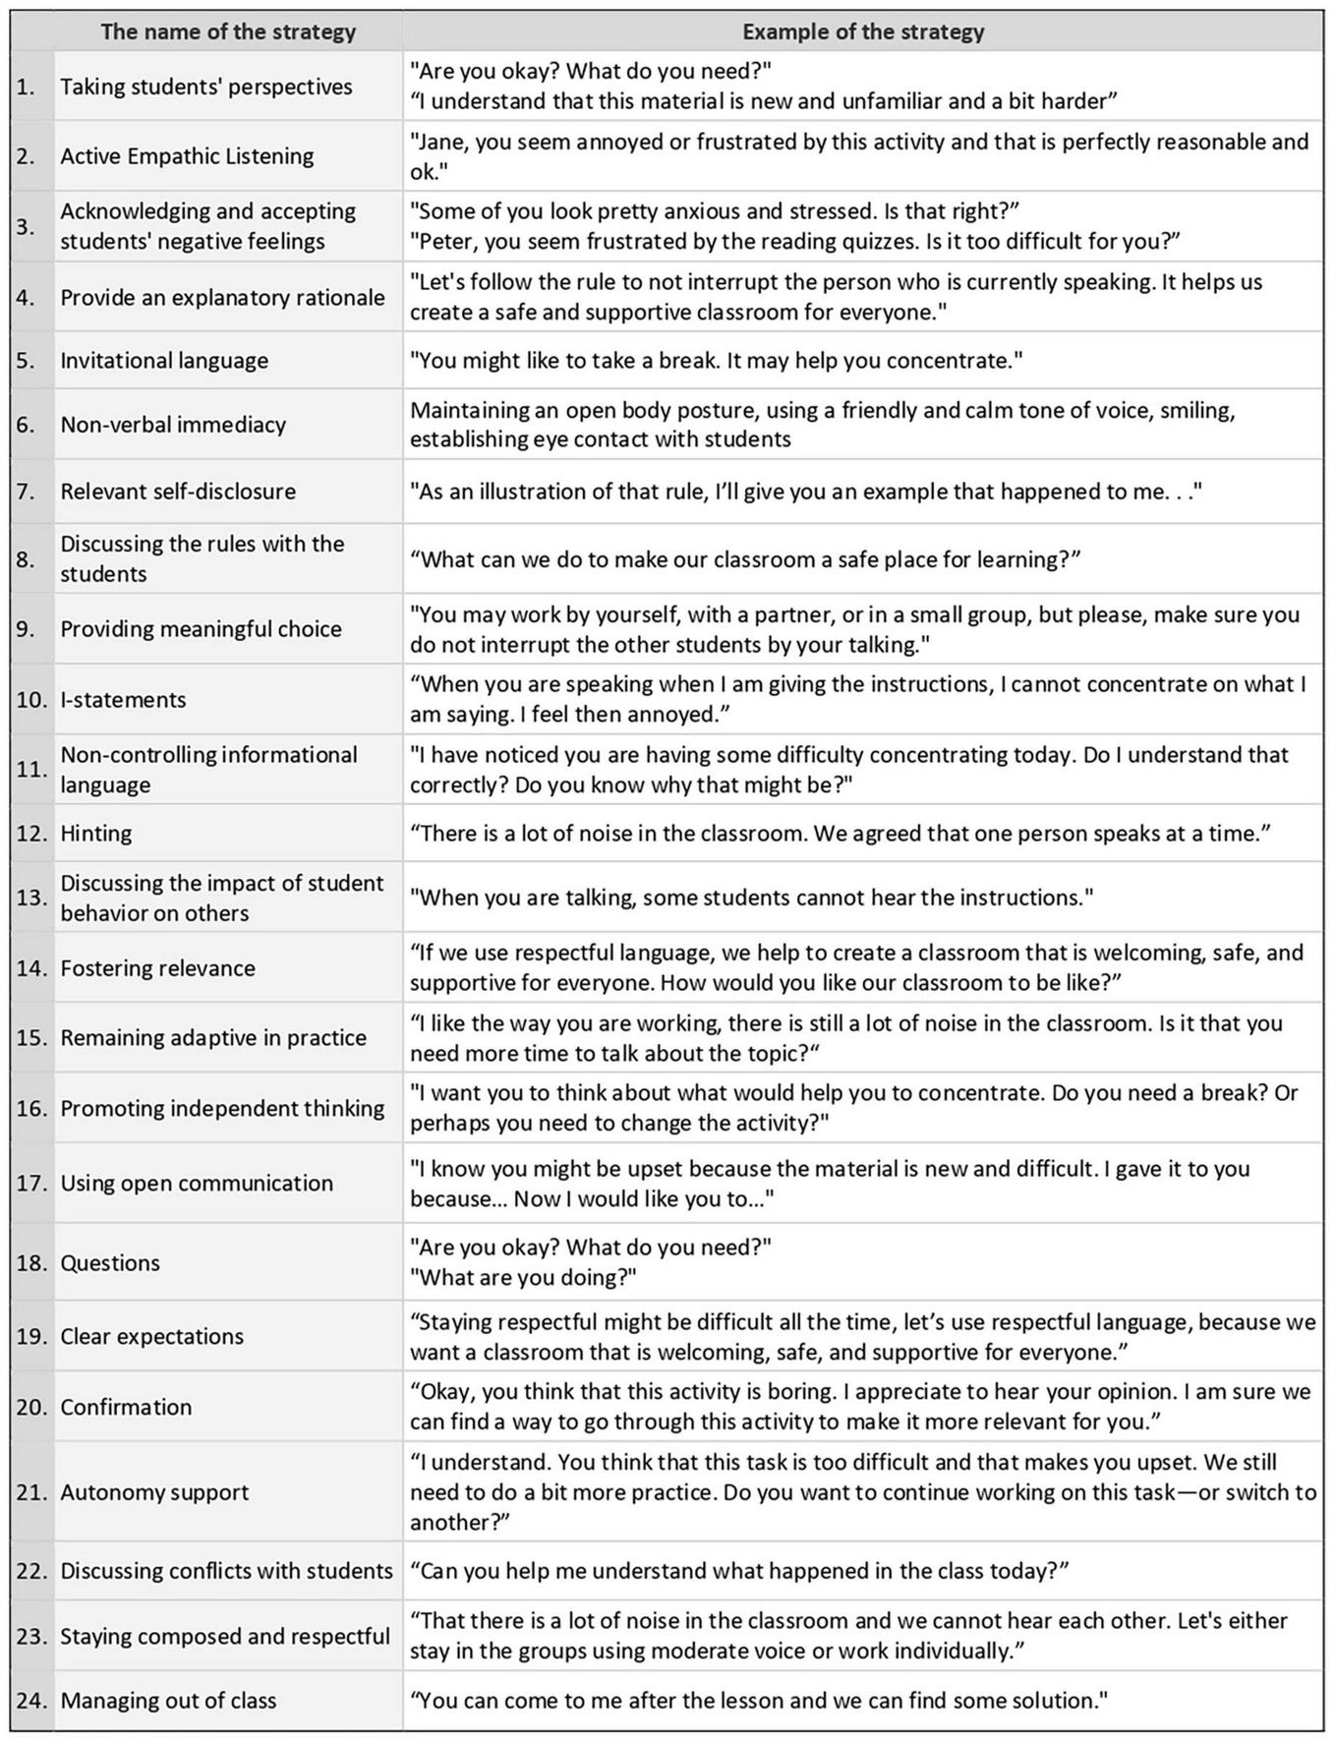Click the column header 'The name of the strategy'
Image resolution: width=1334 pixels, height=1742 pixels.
coord(228,31)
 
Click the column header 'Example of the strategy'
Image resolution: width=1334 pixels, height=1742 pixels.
coord(863,31)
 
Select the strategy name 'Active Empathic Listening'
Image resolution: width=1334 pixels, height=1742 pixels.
coord(187,156)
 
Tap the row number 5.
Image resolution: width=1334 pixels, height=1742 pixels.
coord(26,361)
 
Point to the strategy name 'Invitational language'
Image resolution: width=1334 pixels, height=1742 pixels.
coord(164,361)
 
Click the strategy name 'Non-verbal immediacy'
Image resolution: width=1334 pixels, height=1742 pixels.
coord(173,425)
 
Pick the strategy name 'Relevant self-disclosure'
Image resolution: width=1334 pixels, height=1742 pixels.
coord(178,492)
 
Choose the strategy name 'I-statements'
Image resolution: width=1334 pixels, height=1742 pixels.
coord(123,700)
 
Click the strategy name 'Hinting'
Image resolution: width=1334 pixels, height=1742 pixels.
coord(96,834)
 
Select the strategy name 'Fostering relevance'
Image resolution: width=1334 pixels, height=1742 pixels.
coord(157,968)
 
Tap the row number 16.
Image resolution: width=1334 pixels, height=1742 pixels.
coord(31,1109)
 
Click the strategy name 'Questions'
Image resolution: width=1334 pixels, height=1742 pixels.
coord(110,1263)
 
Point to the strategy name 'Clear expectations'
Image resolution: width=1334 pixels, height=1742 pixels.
coord(151,1337)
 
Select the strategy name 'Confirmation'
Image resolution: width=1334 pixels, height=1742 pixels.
coord(126,1408)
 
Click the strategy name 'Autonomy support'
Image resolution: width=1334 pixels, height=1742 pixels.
coord(154,1492)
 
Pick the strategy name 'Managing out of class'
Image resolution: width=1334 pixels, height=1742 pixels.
coord(168,1701)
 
